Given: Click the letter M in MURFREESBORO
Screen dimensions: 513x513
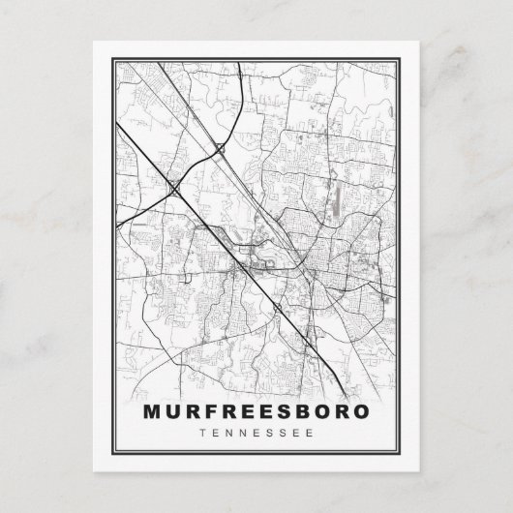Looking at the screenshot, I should [x=152, y=410].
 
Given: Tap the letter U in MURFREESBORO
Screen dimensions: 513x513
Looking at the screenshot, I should [x=175, y=410].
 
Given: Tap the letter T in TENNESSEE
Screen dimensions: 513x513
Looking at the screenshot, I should [x=199, y=432].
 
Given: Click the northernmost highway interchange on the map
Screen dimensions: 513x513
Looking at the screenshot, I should [x=223, y=148].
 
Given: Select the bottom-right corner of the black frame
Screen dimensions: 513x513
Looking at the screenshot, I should [x=402, y=455].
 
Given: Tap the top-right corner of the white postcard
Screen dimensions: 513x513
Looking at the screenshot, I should [x=419, y=42].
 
